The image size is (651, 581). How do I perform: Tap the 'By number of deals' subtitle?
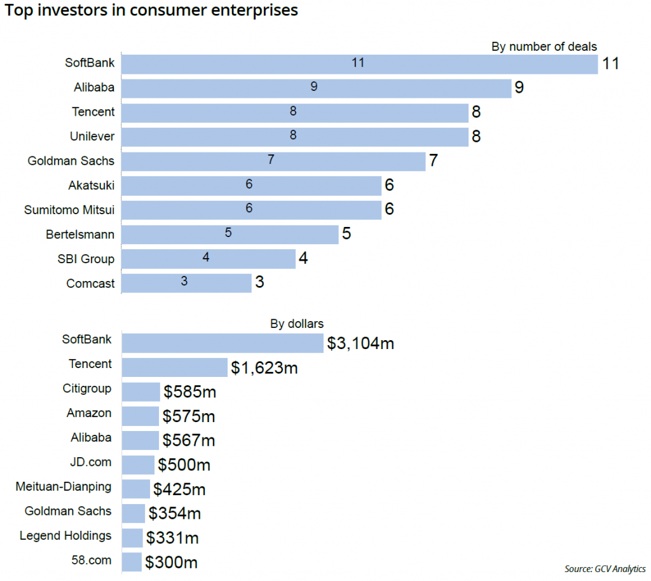tap(544, 46)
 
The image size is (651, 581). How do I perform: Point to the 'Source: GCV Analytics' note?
tap(605, 568)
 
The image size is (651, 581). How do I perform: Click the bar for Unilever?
tap(295, 136)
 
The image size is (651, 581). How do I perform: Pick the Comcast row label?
tap(90, 284)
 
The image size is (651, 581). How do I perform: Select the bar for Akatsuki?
tap(251, 185)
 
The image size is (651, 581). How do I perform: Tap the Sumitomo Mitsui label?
tap(69, 210)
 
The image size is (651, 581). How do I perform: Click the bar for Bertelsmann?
tap(230, 234)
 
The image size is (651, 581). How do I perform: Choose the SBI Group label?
tap(86, 259)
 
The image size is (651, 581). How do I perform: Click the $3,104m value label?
tap(360, 343)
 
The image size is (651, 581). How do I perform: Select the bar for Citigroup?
tap(140, 392)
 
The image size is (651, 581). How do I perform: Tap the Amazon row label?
tap(89, 413)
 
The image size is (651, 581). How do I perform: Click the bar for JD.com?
tap(138, 465)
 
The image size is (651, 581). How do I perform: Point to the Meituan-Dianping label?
tap(64, 487)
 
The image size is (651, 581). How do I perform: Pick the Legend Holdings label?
tap(65, 536)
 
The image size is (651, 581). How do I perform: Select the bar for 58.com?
tap(132, 562)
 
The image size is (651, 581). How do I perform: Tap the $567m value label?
tap(189, 441)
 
